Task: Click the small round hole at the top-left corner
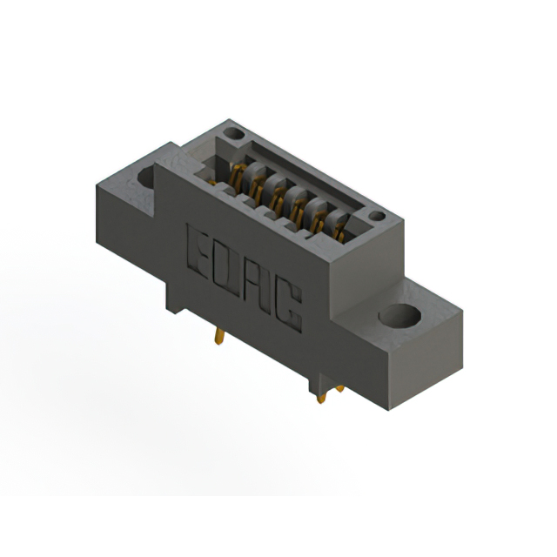[x=233, y=135]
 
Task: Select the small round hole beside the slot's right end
[x=376, y=216]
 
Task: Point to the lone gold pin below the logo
[x=221, y=336]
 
